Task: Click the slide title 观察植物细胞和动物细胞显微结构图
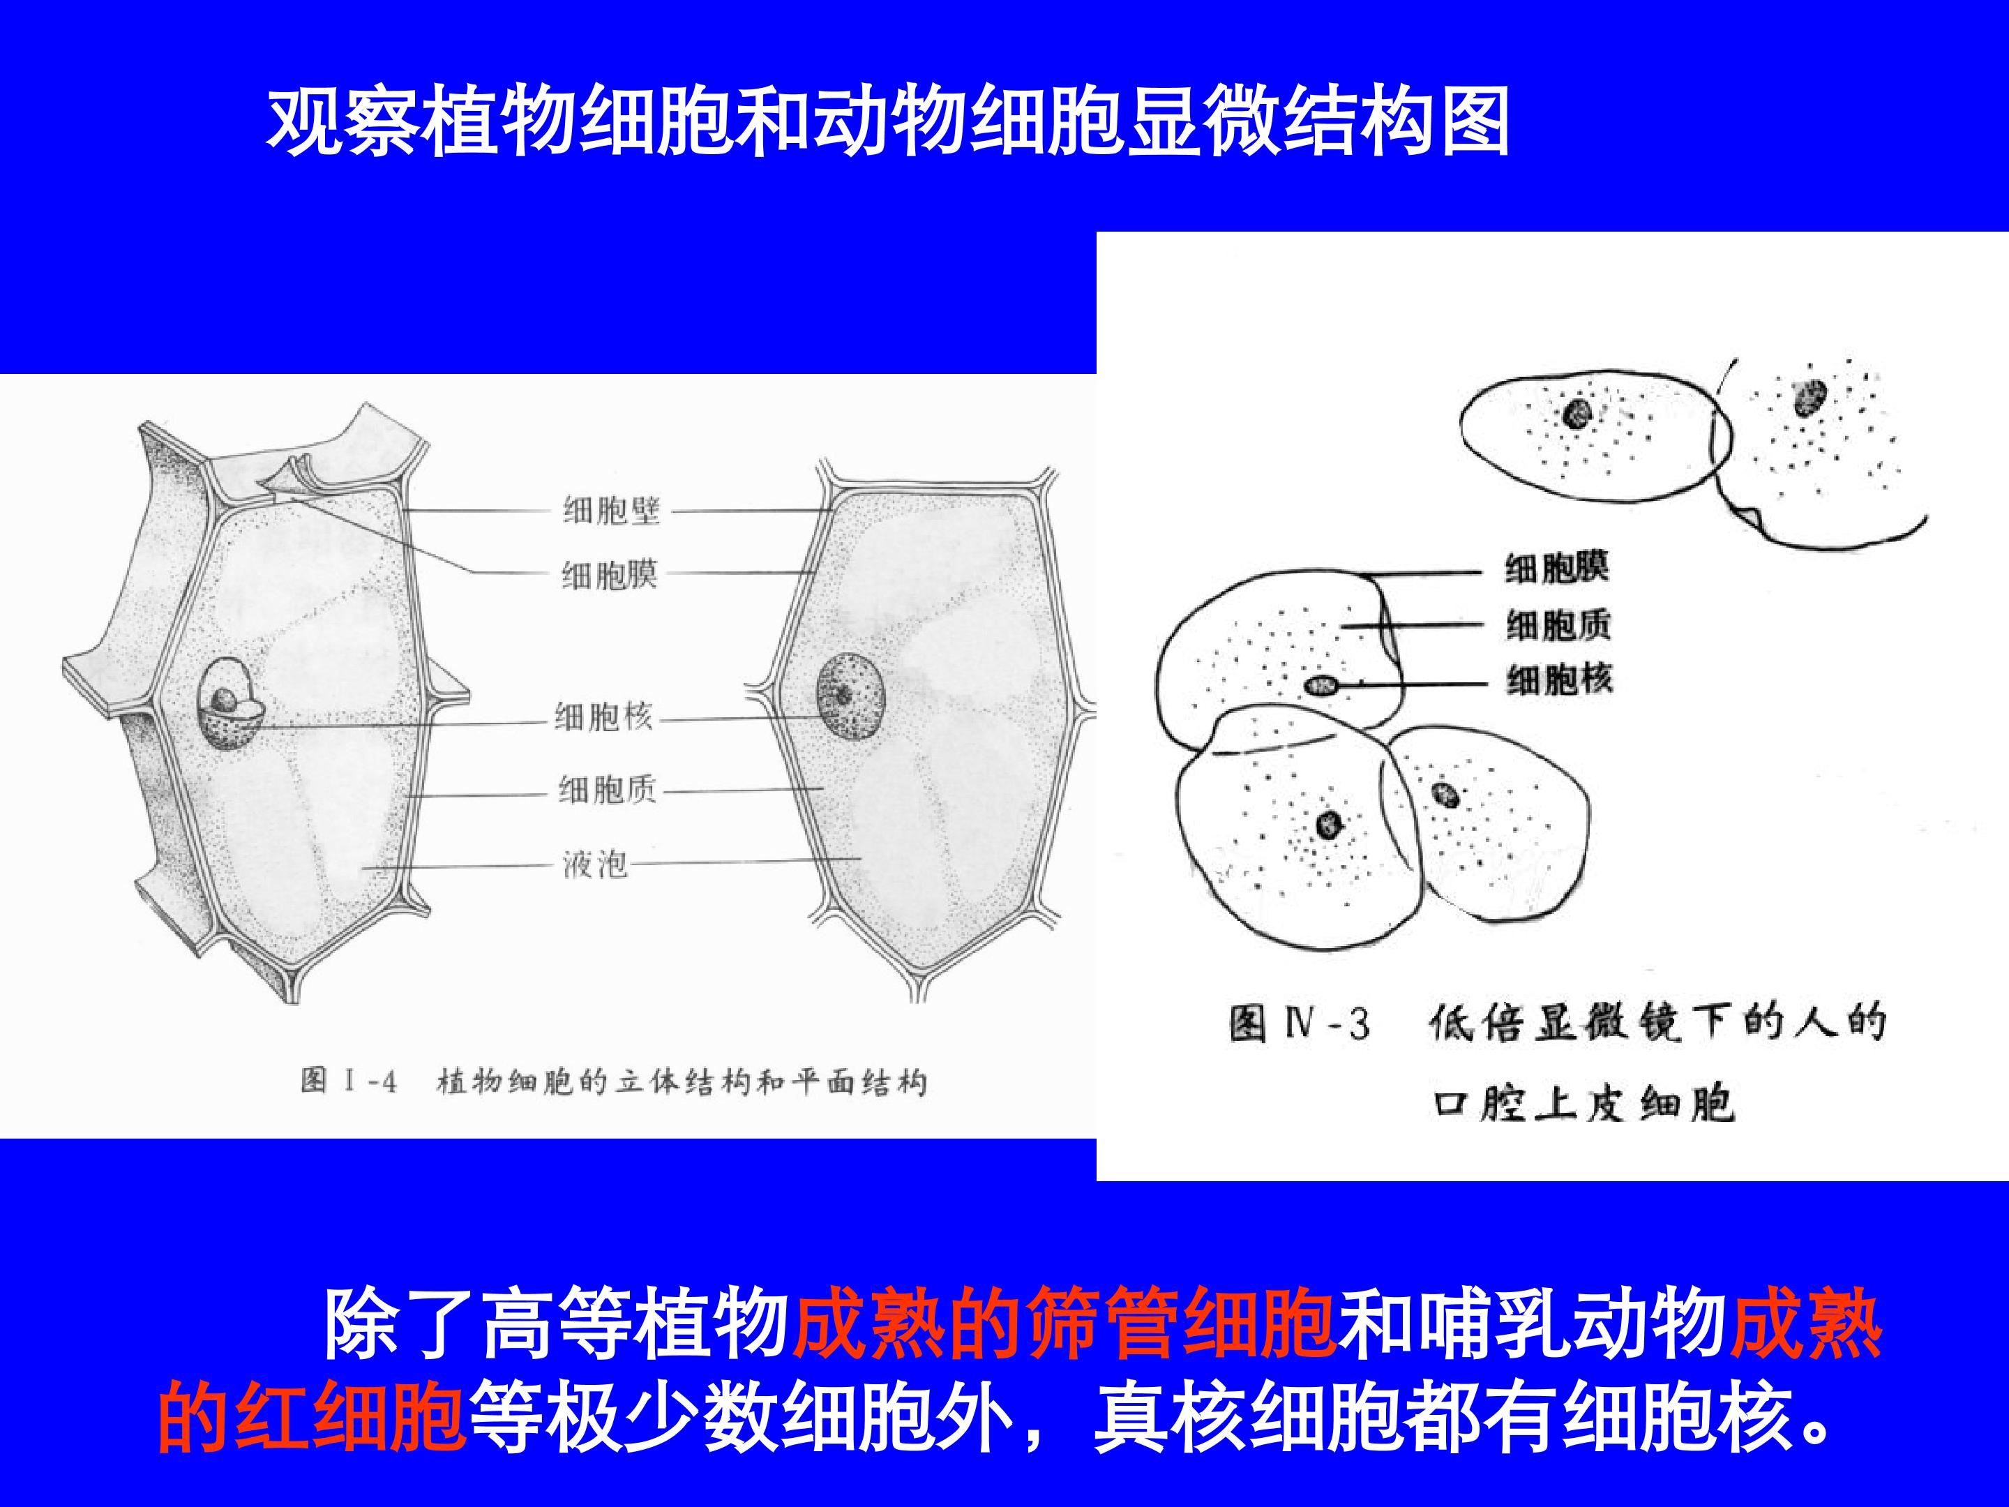[887, 121]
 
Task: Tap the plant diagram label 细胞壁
[611, 511]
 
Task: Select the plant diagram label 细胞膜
[610, 574]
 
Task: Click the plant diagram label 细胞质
[608, 788]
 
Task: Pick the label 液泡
[595, 863]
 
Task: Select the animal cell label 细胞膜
[1557, 568]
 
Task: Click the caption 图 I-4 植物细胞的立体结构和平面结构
[614, 1082]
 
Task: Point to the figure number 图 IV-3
[1300, 1024]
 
